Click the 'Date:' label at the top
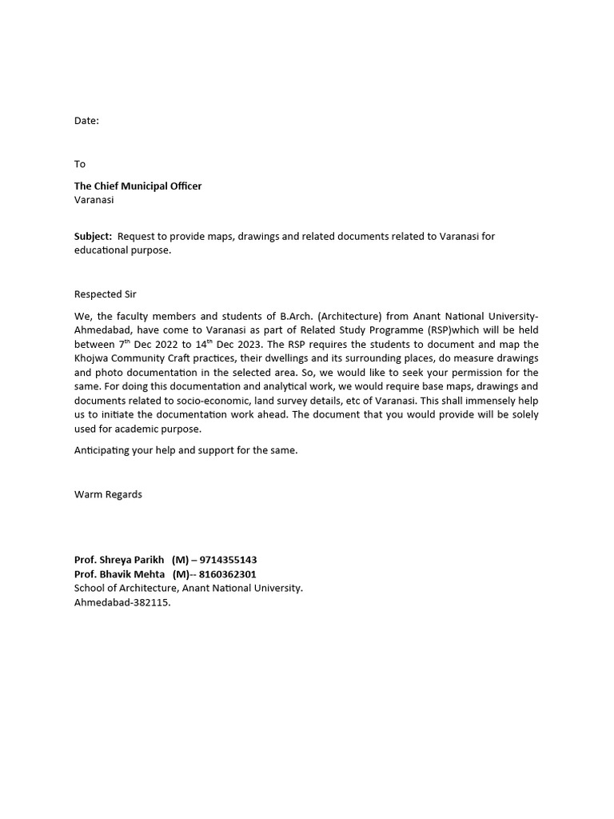coord(86,121)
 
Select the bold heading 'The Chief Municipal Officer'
coord(138,186)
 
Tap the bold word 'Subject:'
coord(94,237)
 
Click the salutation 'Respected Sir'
coord(106,294)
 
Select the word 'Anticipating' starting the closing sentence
coord(102,450)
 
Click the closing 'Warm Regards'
coord(108,494)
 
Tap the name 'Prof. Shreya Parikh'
coord(119,560)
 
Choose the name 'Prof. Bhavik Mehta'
coord(120,574)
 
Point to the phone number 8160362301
coord(226,574)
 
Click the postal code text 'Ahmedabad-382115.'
coord(122,602)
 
